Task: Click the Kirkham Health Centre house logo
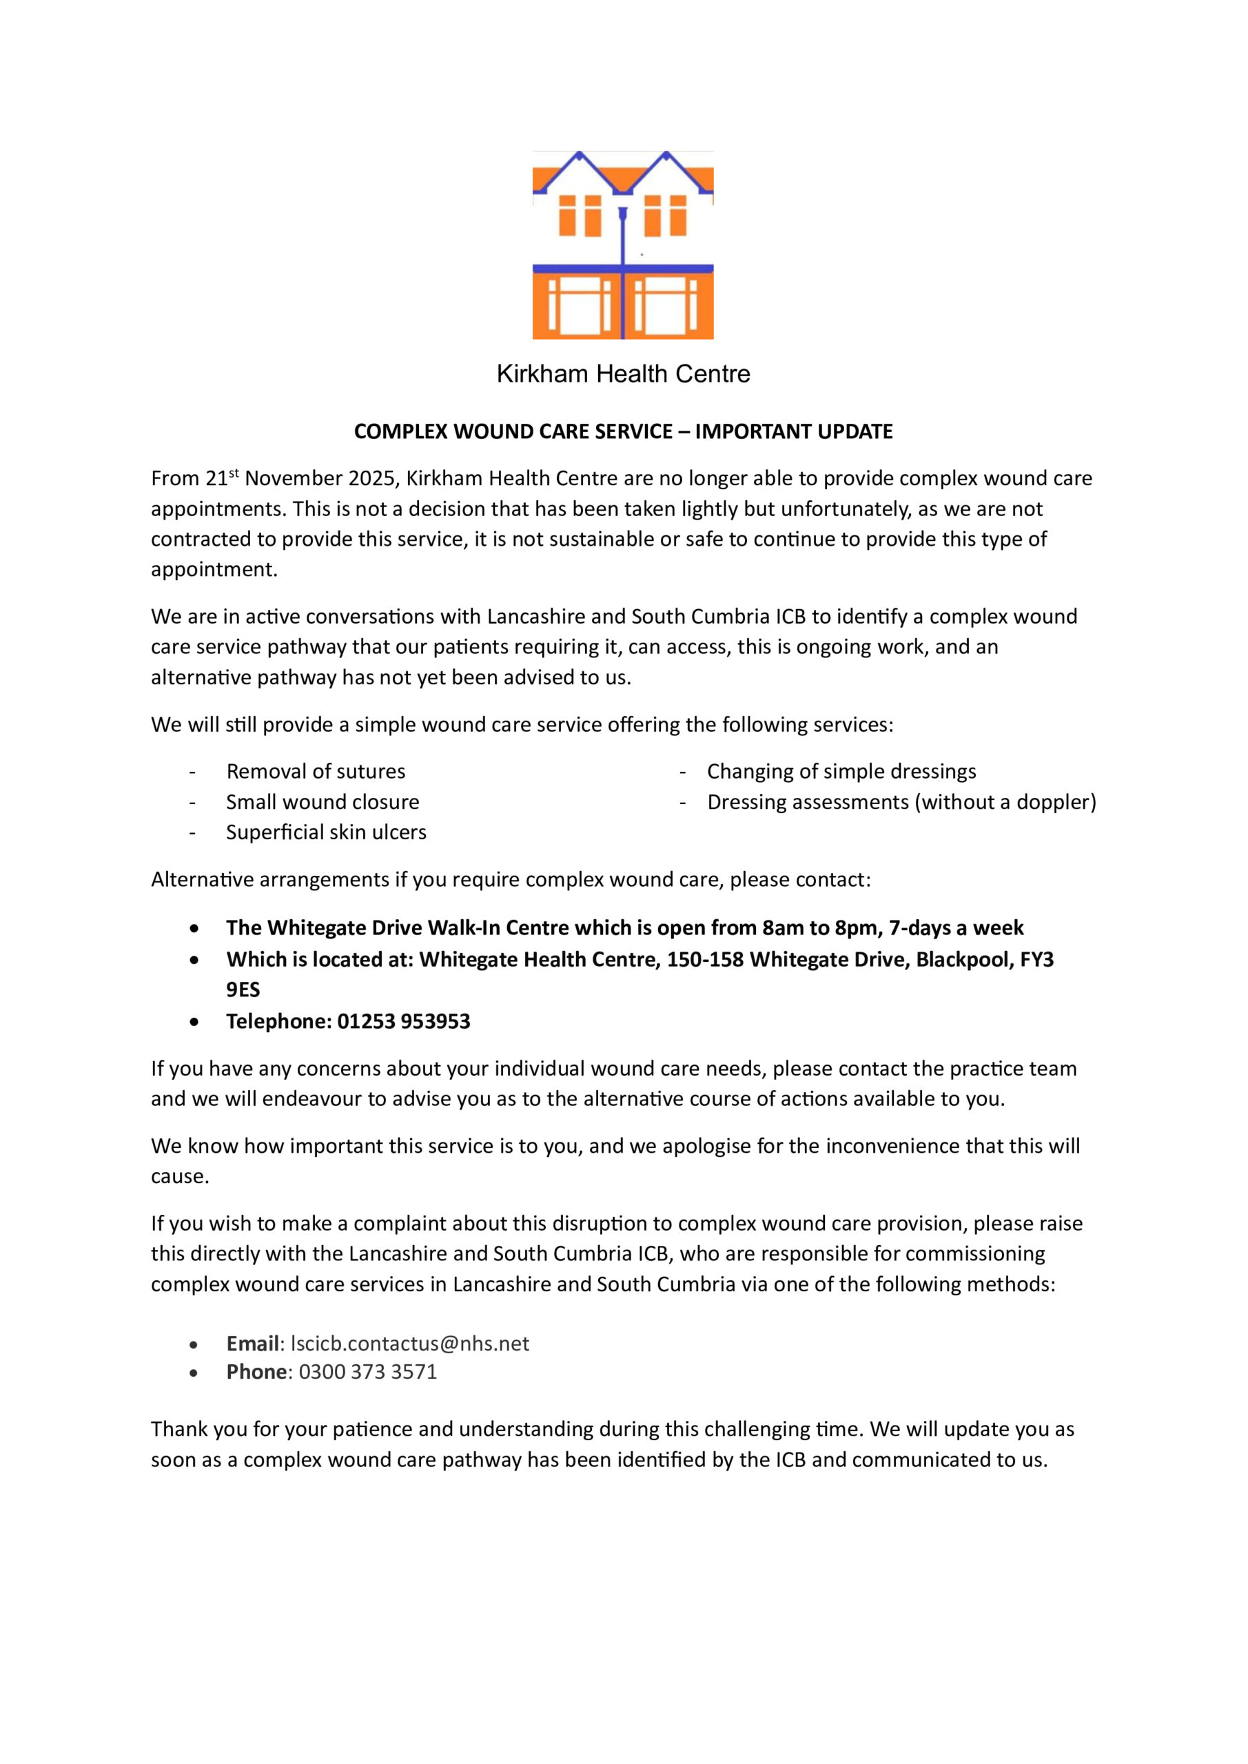622,245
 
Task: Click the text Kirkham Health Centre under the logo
623,374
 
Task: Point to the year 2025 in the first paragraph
371,479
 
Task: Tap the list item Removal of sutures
315,771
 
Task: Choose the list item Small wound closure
322,802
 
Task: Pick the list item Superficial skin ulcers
326,832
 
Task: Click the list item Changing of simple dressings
841,771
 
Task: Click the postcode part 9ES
243,989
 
